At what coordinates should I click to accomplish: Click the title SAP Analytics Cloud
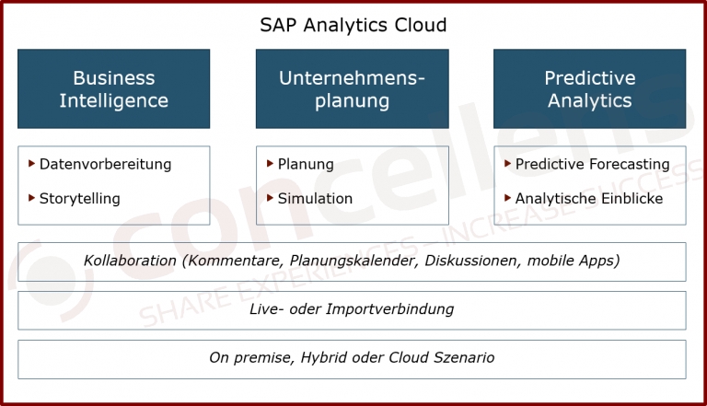pos(353,24)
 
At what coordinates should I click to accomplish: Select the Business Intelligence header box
pos(114,89)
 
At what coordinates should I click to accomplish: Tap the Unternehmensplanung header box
pos(353,89)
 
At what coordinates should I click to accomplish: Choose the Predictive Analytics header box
pos(590,89)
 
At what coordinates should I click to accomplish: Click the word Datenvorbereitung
pos(105,165)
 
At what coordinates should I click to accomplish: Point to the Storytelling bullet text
pos(79,199)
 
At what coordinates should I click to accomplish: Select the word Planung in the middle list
pos(306,165)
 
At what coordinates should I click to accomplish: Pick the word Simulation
pos(315,199)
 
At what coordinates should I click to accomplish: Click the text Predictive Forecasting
pos(592,165)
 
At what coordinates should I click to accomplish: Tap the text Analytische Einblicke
pos(588,199)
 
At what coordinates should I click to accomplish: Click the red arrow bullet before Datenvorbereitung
pos(32,164)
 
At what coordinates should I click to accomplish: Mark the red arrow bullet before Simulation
pos(271,198)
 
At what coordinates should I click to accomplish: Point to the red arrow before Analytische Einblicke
pos(508,198)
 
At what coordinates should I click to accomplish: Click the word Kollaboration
pos(130,261)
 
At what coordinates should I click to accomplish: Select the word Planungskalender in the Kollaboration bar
pos(348,261)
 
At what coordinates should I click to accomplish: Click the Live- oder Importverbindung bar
pos(353,310)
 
